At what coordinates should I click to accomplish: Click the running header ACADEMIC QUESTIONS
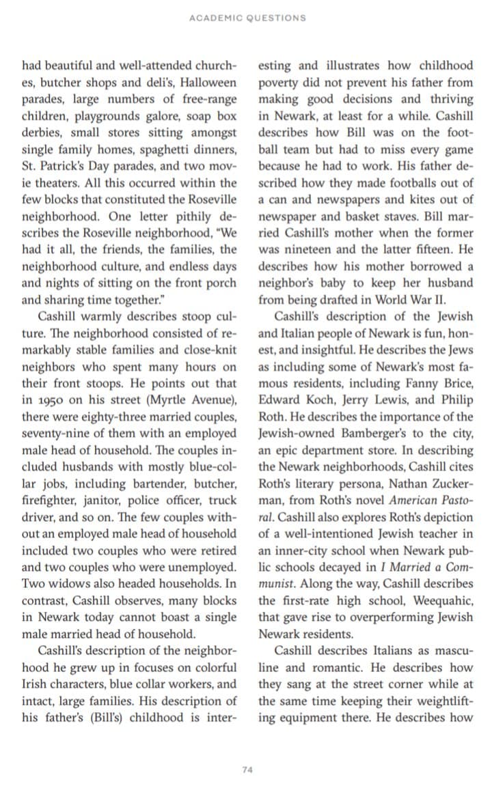coord(247,18)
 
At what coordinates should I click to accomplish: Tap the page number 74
coord(247,770)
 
